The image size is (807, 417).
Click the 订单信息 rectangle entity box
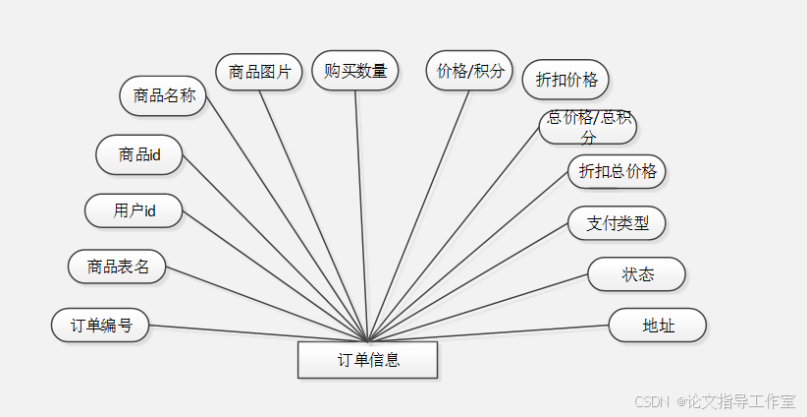(367, 360)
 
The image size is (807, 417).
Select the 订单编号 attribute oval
(100, 325)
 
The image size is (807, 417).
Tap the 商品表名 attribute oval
(117, 266)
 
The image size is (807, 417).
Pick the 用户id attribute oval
(134, 210)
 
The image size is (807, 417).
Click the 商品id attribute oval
(138, 154)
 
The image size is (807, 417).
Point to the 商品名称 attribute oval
(163, 95)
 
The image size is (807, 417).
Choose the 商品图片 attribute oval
(258, 72)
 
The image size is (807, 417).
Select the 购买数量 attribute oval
(355, 70)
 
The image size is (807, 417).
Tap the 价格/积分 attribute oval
(470, 70)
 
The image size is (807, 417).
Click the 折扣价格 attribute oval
(565, 80)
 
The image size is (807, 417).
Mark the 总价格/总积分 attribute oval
(588, 127)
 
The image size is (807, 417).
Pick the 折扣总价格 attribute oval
(617, 171)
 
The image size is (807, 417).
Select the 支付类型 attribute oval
(617, 223)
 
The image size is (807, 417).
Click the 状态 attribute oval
(636, 274)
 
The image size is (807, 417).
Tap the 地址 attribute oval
(657, 326)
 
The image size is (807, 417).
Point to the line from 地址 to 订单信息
(491, 333)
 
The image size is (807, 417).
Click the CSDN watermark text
(651, 401)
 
